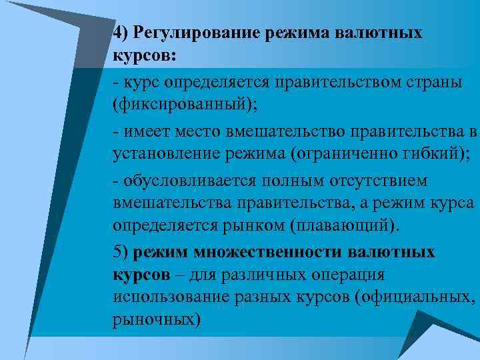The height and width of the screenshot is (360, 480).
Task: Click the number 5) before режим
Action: pyautogui.click(x=121, y=253)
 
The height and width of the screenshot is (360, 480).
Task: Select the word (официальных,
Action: pyautogui.click(x=416, y=296)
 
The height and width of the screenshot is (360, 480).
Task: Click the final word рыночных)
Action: pyautogui.click(x=157, y=319)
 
